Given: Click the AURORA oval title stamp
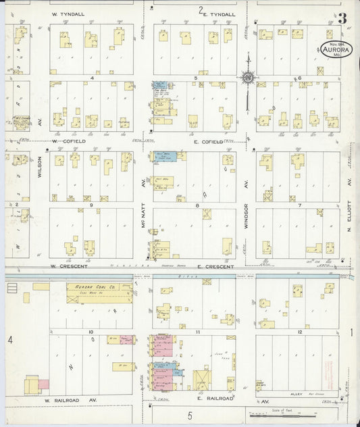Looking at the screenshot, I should click(336, 48).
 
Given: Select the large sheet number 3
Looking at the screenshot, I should click(342, 18).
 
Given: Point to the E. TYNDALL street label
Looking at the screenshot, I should click(217, 14).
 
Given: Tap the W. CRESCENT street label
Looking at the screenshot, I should click(70, 266).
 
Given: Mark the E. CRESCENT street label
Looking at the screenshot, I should click(215, 266).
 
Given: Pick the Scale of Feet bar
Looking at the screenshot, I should click(284, 413).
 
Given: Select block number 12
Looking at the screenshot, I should click(298, 333).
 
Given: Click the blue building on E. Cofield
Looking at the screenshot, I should click(166, 156).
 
